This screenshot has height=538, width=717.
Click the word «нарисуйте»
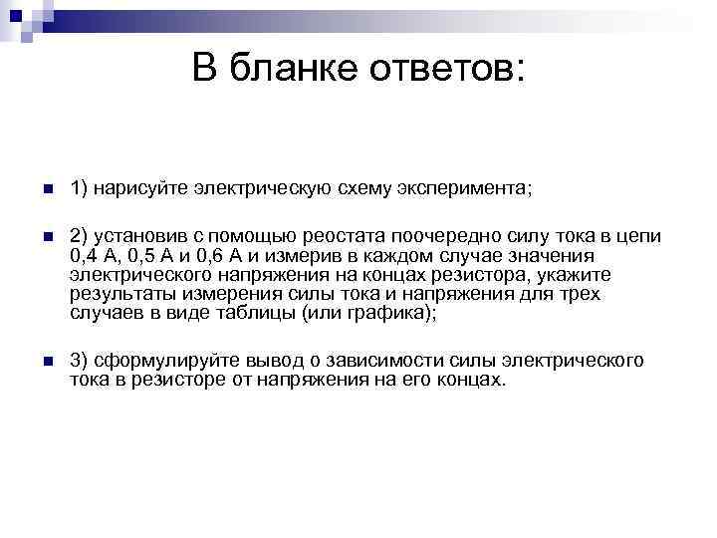coord(138,187)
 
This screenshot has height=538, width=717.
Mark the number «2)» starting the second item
coord(80,235)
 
